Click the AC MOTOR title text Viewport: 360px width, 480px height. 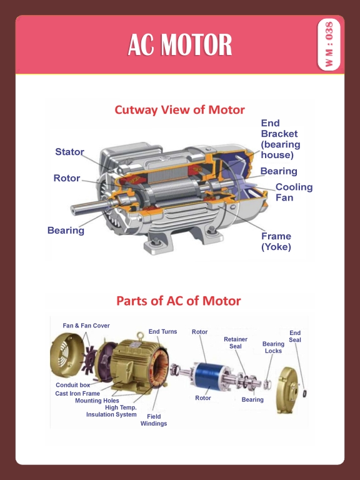tap(180, 45)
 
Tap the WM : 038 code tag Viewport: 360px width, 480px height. tap(329, 45)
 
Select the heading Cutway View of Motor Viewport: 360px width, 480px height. tap(179, 110)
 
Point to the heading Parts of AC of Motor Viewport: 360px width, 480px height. tap(178, 301)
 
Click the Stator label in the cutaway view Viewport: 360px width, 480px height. tap(69, 152)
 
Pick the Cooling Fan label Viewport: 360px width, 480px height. tap(293, 192)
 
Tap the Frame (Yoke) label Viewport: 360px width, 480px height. tap(276, 241)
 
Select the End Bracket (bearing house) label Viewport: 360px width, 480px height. tap(279, 139)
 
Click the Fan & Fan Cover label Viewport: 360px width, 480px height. tap(86, 326)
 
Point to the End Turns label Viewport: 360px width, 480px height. tap(162, 332)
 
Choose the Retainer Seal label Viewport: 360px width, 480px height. tap(236, 342)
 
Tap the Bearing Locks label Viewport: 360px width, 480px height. tap(273, 347)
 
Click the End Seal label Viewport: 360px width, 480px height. tap(295, 336)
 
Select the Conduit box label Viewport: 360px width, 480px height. tap(72, 385)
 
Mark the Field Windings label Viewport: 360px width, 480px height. tap(154, 420)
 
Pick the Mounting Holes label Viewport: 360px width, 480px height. tap(97, 401)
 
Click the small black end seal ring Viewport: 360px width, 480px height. tap(305, 394)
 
